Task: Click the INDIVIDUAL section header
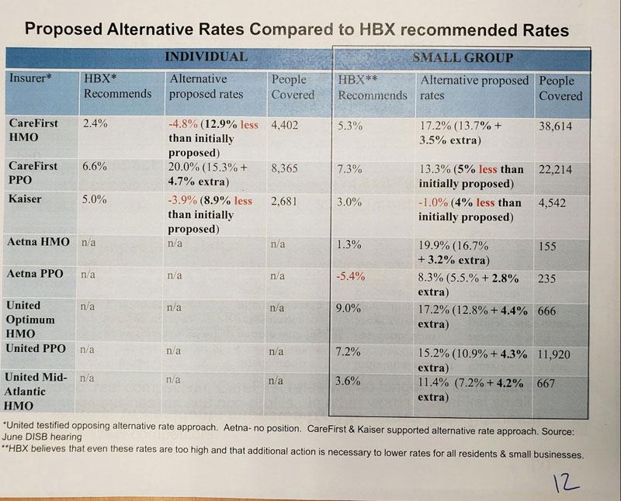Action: [x=206, y=57]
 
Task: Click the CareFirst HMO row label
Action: [x=35, y=131]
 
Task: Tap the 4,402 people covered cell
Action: [x=286, y=125]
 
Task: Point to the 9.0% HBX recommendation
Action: [x=350, y=308]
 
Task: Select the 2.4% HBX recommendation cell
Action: [x=95, y=123]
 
